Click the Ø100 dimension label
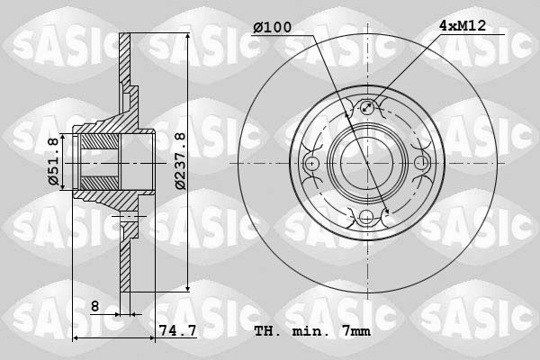coord(272,27)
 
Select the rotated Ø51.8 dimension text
coord(54,162)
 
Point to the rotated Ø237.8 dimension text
coord(180,161)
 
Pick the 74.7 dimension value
coord(178,331)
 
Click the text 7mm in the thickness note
coord(353,331)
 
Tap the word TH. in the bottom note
coord(267,331)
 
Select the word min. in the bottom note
coord(310,331)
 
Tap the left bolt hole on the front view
coord(312,163)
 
